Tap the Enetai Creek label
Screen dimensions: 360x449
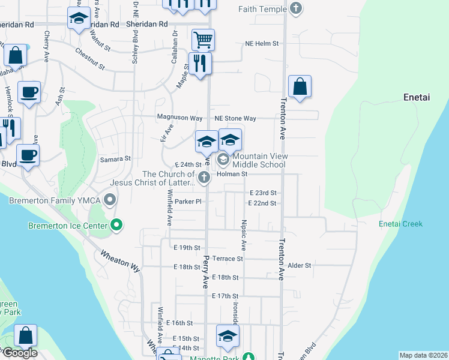pyautogui.click(x=400, y=224)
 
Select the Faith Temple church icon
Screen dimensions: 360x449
pyautogui.click(x=295, y=9)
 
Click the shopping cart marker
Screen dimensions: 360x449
pyautogui.click(x=203, y=40)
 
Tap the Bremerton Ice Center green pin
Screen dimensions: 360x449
pyautogui.click(x=117, y=226)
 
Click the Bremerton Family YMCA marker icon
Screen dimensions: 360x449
pyautogui.click(x=110, y=199)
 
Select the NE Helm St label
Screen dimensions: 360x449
pyautogui.click(x=262, y=44)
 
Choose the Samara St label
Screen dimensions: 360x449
pyautogui.click(x=115, y=159)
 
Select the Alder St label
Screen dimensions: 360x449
pyautogui.click(x=300, y=265)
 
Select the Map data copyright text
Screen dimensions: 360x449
pyautogui.click(x=423, y=355)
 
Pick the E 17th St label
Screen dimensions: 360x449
pyautogui.click(x=225, y=296)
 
